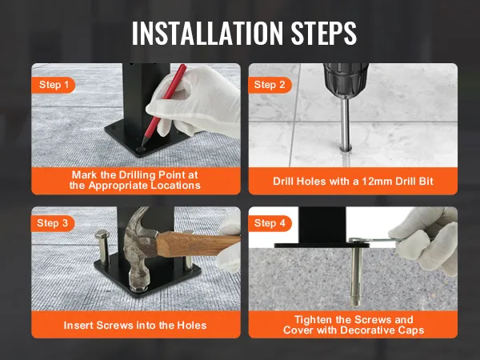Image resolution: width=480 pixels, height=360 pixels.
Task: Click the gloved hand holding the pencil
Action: [x=200, y=108]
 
